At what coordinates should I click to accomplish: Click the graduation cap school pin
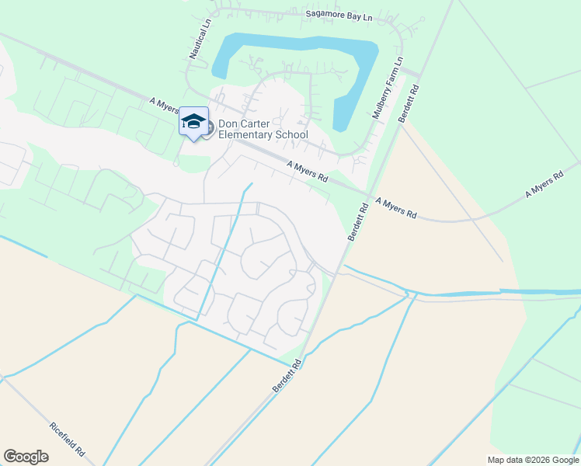pyautogui.click(x=193, y=122)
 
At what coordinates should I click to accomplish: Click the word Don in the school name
pyautogui.click(x=228, y=123)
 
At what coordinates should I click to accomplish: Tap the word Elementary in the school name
pyautogui.click(x=244, y=135)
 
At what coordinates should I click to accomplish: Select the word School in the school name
pyautogui.click(x=290, y=135)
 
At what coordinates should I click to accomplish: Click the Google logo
pyautogui.click(x=26, y=457)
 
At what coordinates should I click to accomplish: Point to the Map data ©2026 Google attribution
pyautogui.click(x=534, y=460)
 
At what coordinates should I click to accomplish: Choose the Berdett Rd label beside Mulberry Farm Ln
pyautogui.click(x=409, y=103)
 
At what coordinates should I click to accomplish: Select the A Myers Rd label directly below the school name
pyautogui.click(x=308, y=172)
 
